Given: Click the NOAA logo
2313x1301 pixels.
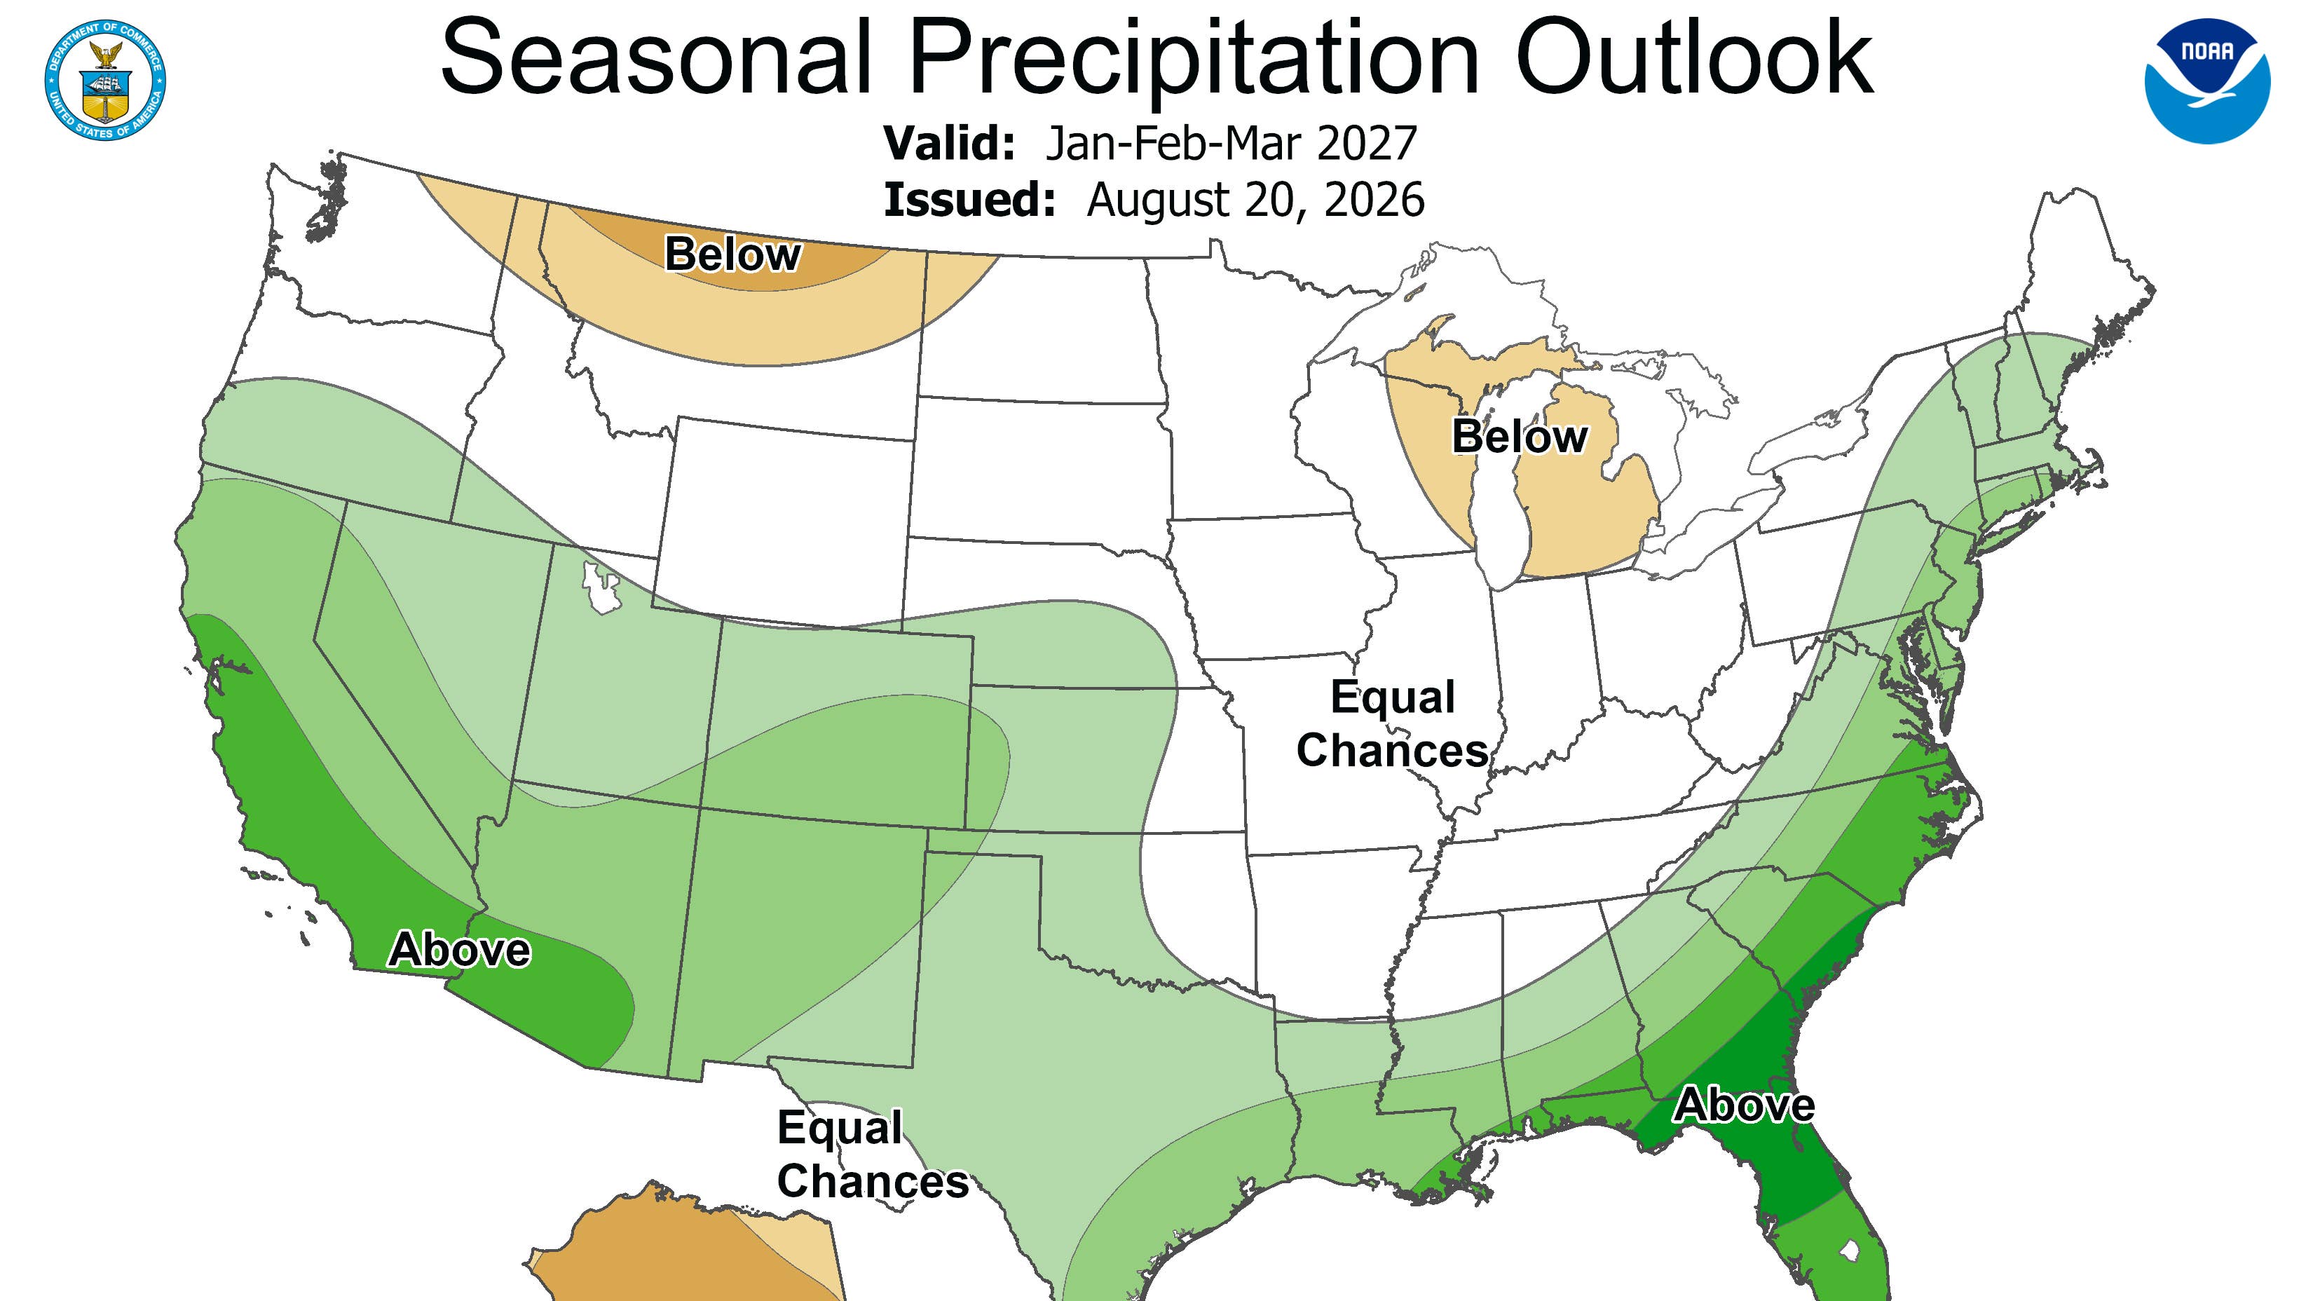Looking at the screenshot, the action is (x=2207, y=81).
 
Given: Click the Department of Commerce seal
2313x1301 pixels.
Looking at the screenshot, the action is (x=105, y=79).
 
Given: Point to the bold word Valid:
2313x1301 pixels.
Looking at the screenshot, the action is (x=950, y=143).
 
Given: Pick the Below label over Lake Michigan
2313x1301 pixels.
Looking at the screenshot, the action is (x=1520, y=437).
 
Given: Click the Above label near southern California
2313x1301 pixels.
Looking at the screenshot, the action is (x=459, y=950).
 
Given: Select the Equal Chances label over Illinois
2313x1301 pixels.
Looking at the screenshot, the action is (x=1393, y=723).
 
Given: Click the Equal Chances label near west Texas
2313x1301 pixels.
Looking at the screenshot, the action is (x=873, y=1154).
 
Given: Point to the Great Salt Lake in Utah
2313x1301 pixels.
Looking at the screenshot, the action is (x=601, y=588).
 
